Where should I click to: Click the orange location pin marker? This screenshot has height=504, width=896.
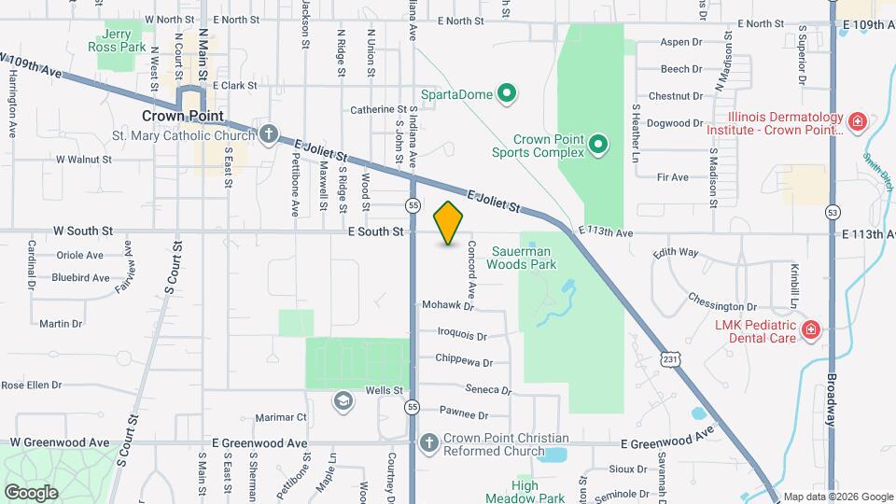click(449, 223)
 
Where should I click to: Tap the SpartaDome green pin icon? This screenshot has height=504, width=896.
click(507, 93)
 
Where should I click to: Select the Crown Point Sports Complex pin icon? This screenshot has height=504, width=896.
click(598, 144)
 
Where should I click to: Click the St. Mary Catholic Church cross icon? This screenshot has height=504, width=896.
click(269, 134)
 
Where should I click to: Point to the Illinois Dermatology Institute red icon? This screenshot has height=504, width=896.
click(857, 121)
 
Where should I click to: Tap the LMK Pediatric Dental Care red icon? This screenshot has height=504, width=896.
click(811, 329)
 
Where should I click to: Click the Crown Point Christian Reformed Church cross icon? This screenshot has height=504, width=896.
click(427, 442)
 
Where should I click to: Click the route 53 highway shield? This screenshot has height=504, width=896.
click(832, 213)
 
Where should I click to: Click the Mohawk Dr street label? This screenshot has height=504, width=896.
click(448, 305)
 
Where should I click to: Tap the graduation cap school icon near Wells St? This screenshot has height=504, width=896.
click(343, 400)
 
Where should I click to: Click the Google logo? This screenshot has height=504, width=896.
click(31, 492)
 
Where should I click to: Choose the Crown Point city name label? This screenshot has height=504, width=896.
click(183, 116)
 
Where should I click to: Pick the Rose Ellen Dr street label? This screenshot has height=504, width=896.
click(31, 385)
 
